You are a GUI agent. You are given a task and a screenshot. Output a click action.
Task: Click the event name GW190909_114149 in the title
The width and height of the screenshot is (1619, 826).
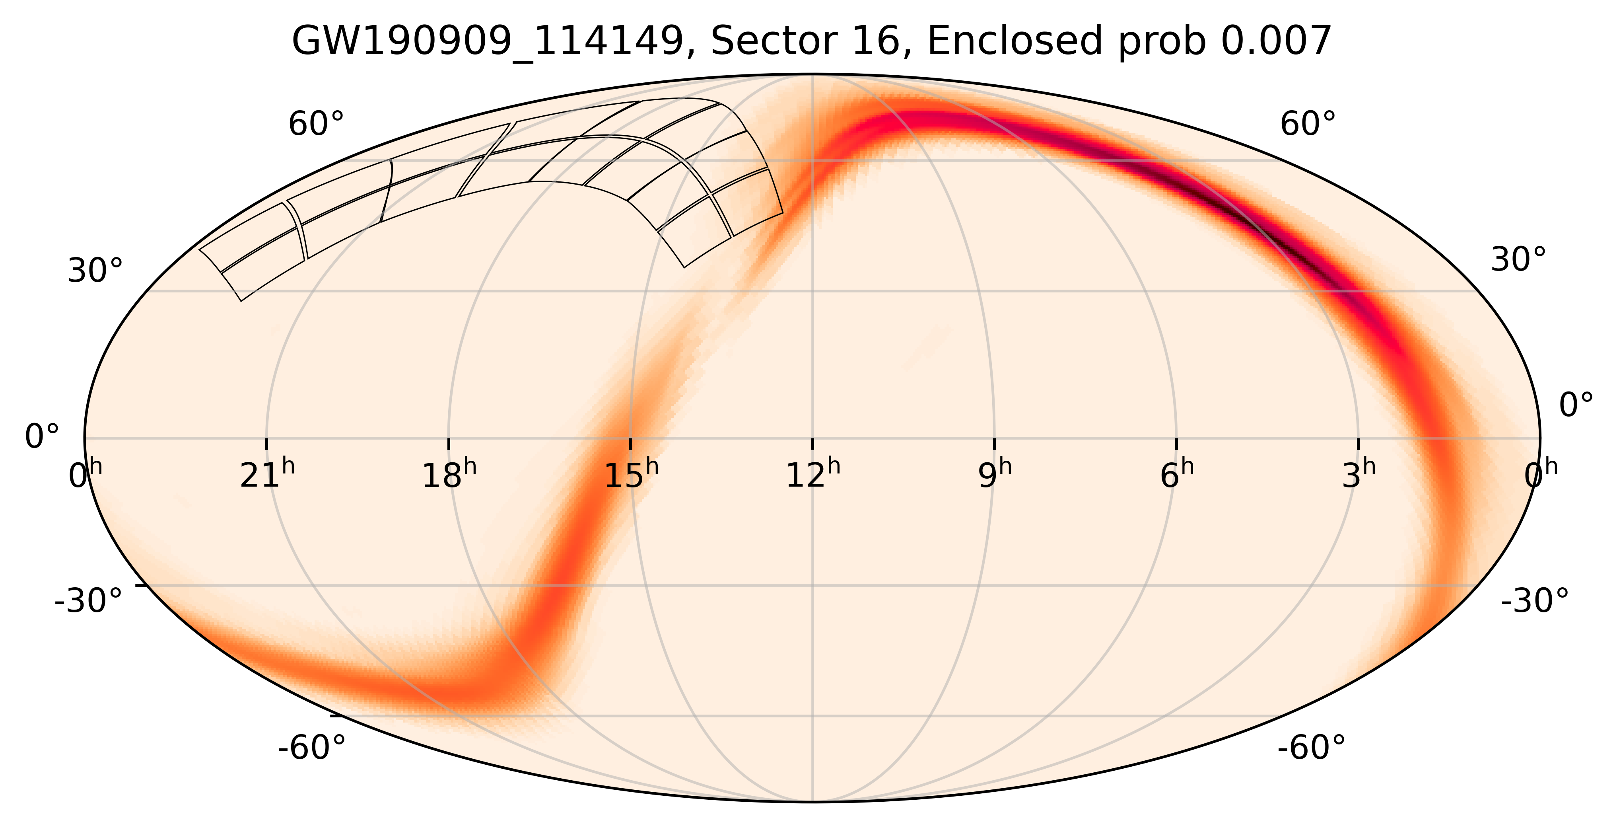488,43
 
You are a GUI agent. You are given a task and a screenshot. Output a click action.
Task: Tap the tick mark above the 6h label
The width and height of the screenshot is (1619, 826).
1176,444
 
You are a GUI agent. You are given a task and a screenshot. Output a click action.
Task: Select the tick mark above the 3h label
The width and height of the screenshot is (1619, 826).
1358,444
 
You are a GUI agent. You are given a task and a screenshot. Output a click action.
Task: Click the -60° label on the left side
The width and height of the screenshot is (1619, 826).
312,748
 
